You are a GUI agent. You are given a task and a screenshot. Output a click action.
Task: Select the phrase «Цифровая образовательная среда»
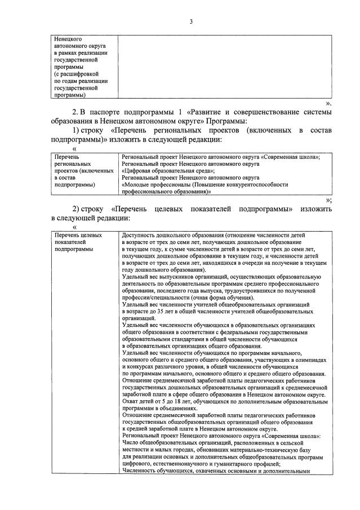click(166, 170)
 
